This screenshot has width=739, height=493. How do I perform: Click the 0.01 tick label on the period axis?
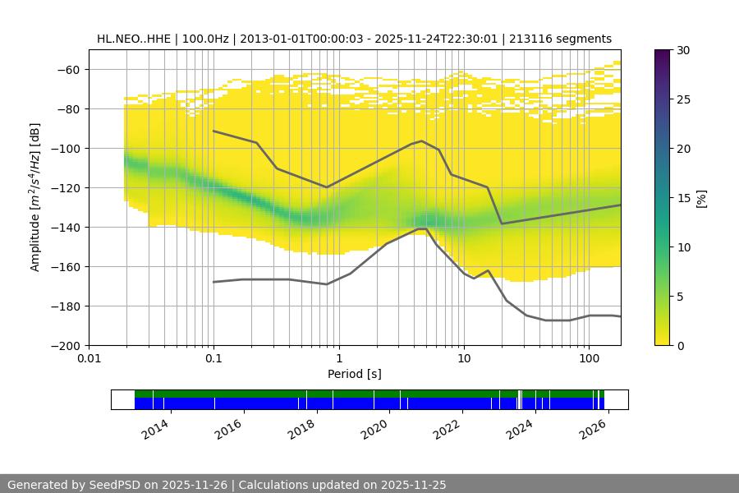click(x=89, y=359)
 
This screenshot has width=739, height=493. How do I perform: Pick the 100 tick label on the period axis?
click(x=589, y=359)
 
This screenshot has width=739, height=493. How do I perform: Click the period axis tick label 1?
click(x=338, y=359)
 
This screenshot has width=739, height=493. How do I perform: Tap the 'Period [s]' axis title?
click(x=355, y=374)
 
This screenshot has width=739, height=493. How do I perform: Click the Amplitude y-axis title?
click(x=35, y=197)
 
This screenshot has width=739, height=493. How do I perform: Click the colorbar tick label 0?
click(x=682, y=346)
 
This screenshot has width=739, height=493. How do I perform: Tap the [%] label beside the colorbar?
click(x=701, y=198)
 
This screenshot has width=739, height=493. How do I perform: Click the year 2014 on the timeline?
click(x=154, y=428)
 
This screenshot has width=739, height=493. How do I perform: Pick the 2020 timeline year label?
click(x=374, y=428)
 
